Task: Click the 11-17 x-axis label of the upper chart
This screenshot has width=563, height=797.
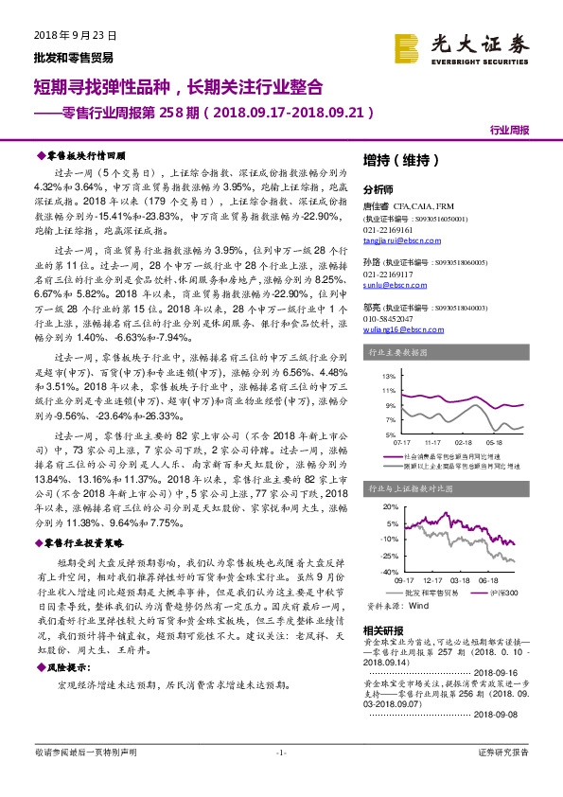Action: coord(433,441)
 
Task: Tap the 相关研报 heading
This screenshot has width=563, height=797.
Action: coord(381,629)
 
